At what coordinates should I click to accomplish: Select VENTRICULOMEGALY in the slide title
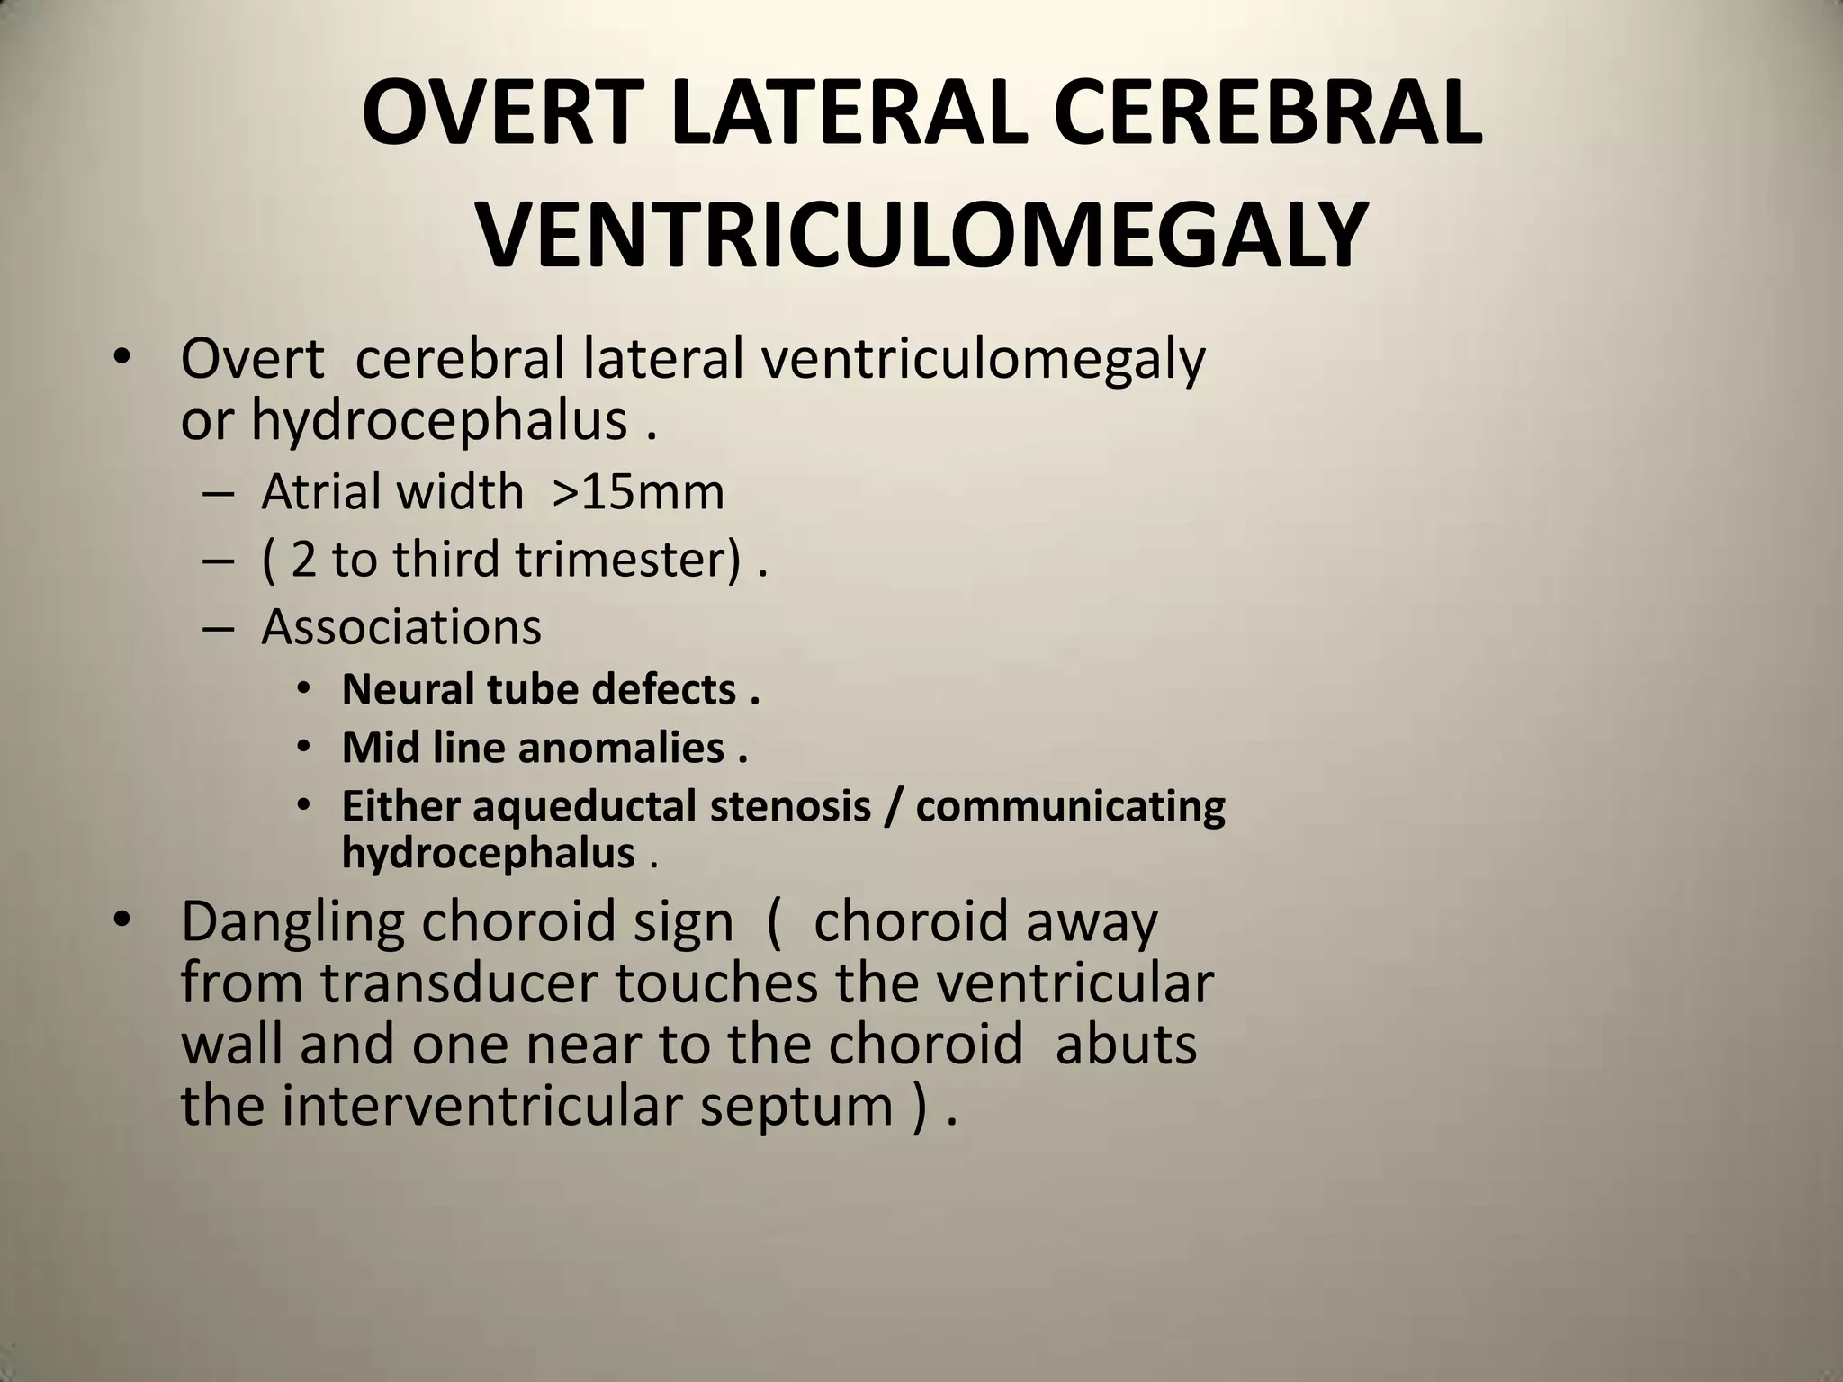(921, 236)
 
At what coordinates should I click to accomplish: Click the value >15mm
(638, 492)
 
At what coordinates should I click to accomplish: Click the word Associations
(401, 626)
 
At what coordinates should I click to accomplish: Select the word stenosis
(790, 806)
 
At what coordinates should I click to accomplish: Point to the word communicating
(1070, 806)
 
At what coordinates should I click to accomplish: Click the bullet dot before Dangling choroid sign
(123, 920)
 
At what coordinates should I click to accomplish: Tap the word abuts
(1127, 1044)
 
